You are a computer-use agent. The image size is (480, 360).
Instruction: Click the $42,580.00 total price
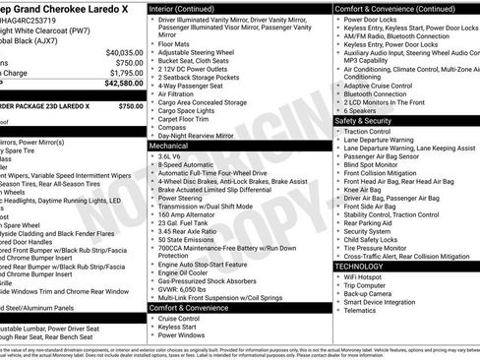120,86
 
